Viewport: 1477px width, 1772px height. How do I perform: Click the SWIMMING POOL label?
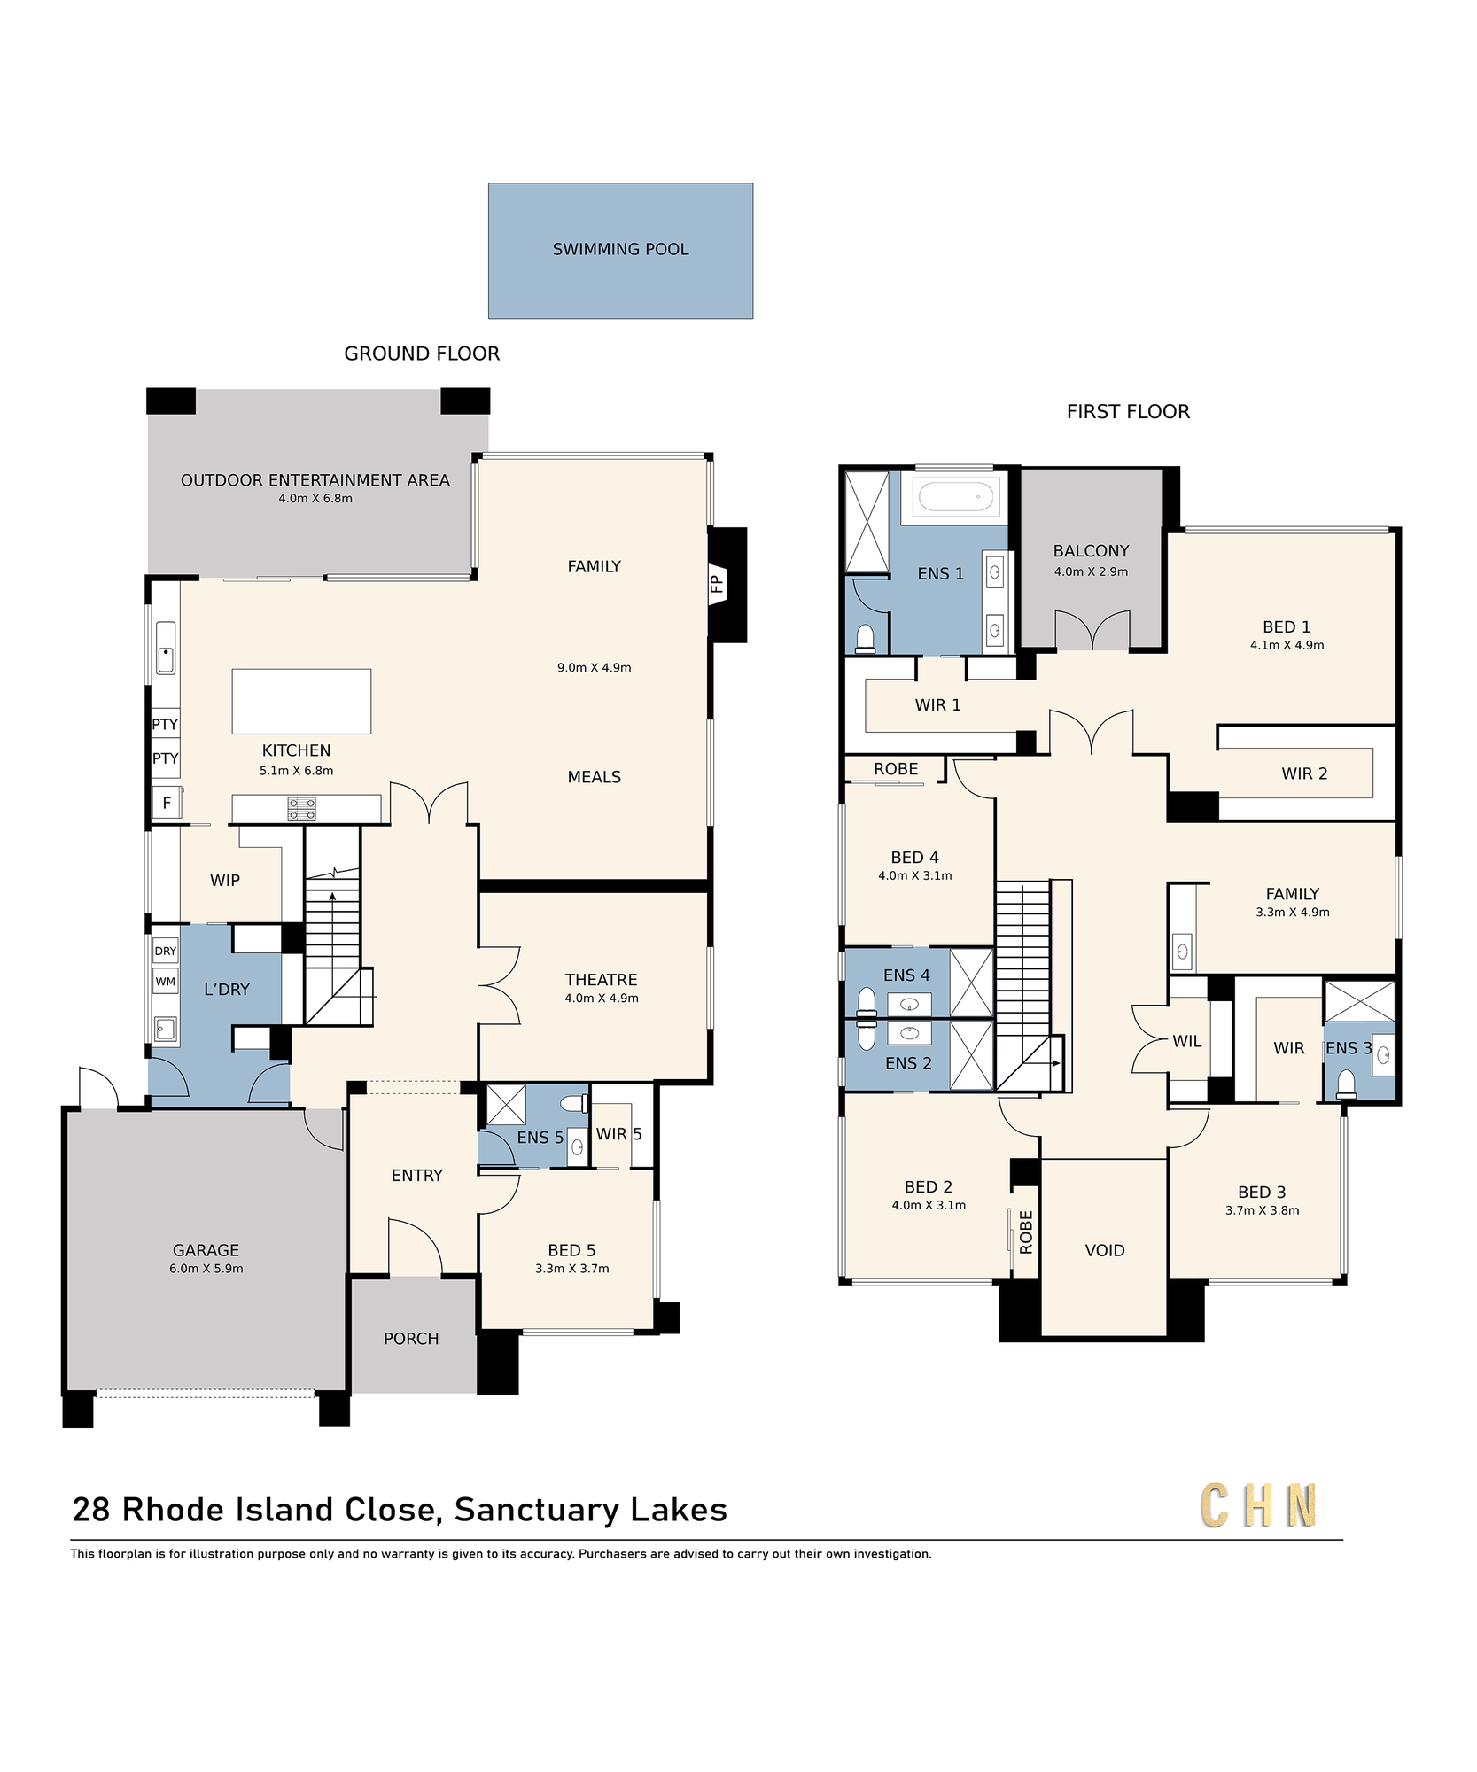(x=620, y=250)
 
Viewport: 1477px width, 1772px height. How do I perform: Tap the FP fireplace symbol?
(x=717, y=584)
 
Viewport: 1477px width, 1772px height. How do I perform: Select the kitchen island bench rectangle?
(x=301, y=701)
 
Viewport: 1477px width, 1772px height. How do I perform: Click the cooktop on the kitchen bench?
(x=302, y=809)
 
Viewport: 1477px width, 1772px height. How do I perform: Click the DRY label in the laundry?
(x=166, y=952)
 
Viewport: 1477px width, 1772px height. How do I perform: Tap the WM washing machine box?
(x=166, y=982)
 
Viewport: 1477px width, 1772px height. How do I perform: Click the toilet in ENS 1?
(x=866, y=639)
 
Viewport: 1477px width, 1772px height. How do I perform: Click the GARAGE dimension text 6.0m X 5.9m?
(x=206, y=1269)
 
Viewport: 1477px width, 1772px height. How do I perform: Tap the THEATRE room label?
(x=602, y=980)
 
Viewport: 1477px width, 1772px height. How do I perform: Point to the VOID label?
(x=1105, y=1251)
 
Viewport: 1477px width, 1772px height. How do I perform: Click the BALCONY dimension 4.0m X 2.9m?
(x=1092, y=571)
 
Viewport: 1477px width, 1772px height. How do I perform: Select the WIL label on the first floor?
(x=1187, y=1042)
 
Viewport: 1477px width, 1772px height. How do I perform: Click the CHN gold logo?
(x=1259, y=1506)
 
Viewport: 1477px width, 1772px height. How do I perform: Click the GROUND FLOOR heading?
(x=422, y=354)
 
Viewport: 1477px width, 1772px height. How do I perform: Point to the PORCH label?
(x=411, y=1339)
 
